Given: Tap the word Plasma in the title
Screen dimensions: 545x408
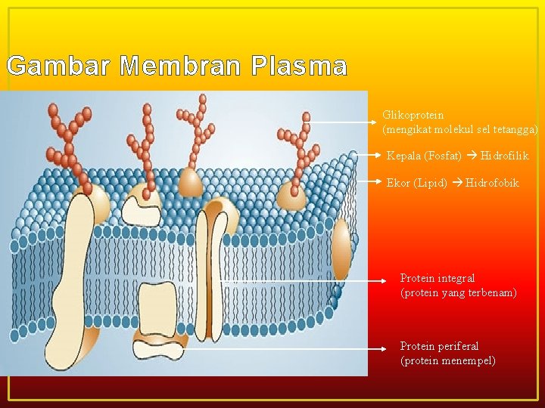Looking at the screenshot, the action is click(297, 66).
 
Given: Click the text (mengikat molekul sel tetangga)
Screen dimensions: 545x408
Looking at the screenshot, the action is click(460, 130).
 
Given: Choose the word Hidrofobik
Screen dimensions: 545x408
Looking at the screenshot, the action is click(492, 183).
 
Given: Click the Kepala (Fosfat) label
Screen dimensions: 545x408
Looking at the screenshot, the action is click(424, 156).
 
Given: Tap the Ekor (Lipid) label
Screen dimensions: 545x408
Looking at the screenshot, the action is click(416, 183).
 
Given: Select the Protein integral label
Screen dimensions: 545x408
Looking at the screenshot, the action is click(438, 279).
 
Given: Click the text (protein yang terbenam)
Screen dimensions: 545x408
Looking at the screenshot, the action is click(458, 292).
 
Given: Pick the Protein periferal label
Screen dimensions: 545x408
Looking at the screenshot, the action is click(439, 346).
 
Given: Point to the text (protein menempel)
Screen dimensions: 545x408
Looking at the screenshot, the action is click(448, 360).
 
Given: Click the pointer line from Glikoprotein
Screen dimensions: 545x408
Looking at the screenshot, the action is click(344, 121).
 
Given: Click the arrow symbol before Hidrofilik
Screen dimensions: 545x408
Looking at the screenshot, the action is click(472, 156).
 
